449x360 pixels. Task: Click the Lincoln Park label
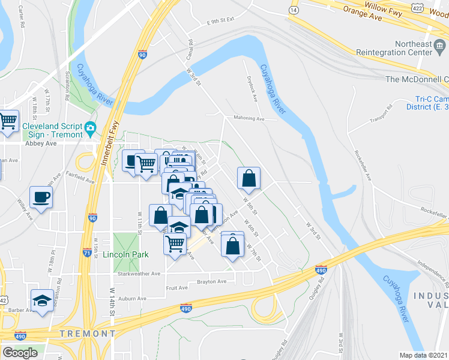(124, 254)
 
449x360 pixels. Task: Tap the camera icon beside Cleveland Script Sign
(91, 127)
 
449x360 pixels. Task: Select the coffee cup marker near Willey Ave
(41, 197)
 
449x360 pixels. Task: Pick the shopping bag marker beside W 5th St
(249, 178)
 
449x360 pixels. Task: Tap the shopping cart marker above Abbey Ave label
(8, 121)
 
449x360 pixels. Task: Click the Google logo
(20, 352)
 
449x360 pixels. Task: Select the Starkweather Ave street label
(139, 273)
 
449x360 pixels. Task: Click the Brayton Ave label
(212, 281)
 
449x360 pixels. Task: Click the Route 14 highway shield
(294, 11)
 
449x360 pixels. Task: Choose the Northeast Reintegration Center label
(414, 49)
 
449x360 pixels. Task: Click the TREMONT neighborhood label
(87, 333)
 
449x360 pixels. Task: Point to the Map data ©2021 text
(424, 355)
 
